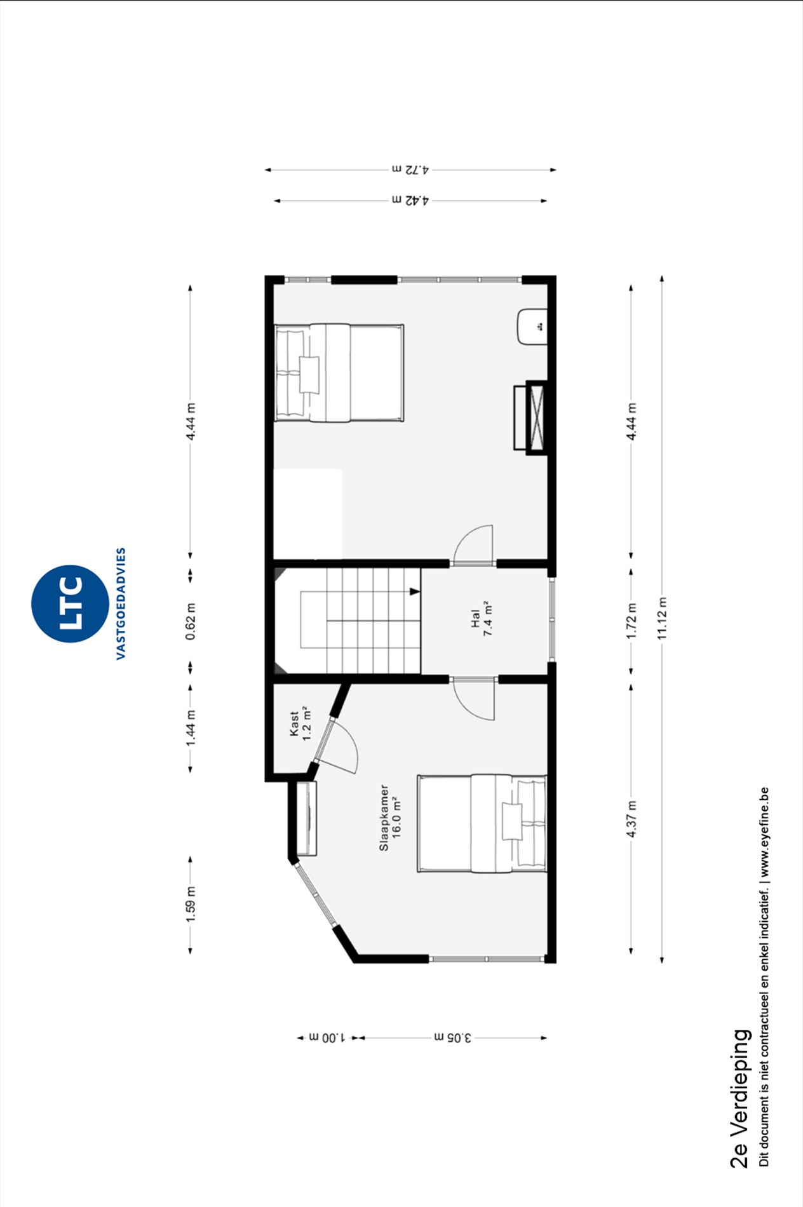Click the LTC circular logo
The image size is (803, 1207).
(70, 603)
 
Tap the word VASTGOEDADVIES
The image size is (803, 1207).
(121, 603)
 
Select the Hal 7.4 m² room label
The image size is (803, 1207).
(482, 618)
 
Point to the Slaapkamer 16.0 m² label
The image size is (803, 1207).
(391, 818)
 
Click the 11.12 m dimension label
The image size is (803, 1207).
(662, 619)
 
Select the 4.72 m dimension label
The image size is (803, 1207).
(410, 170)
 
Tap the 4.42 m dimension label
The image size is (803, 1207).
(410, 200)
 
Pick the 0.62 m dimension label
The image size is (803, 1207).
(191, 621)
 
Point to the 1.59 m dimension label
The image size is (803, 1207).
(191, 903)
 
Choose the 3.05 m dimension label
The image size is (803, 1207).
(453, 1037)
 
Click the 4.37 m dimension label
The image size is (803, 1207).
(631, 819)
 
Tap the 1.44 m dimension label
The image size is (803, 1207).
(191, 728)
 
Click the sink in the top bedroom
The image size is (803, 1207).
(532, 327)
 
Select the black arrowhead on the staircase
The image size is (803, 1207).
(415, 591)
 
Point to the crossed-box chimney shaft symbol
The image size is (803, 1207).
(537, 417)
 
